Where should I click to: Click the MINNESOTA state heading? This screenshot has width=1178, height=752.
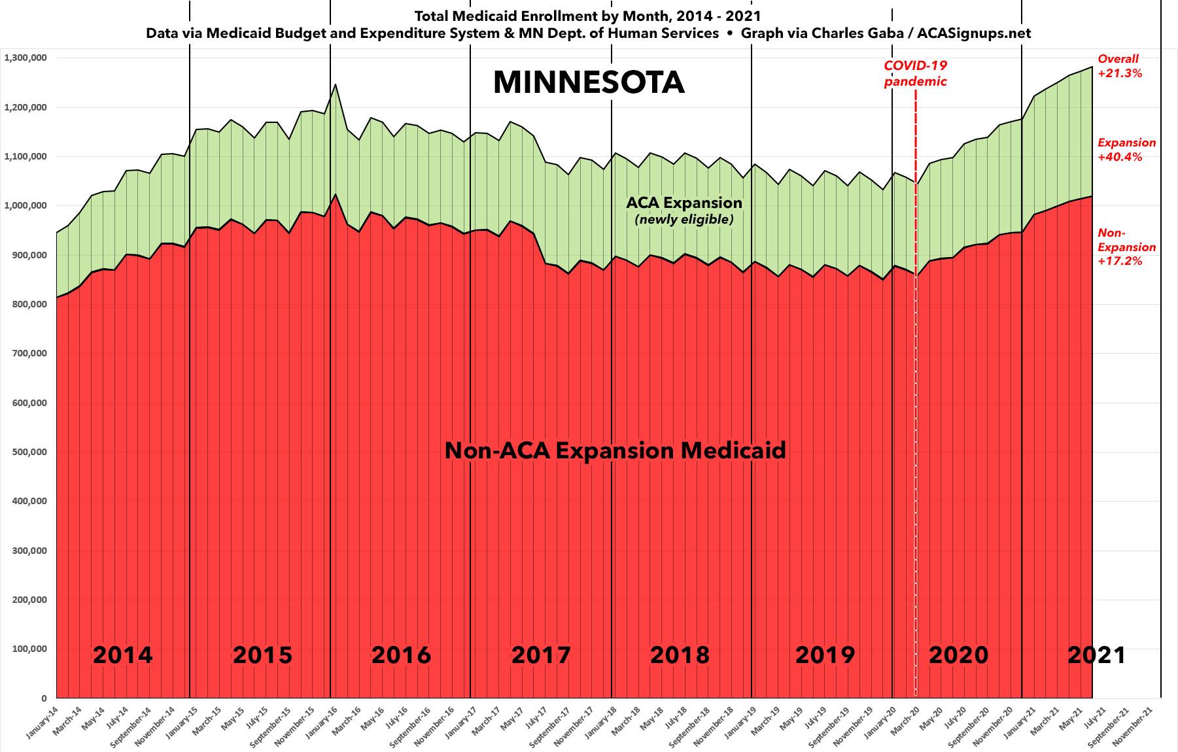pos(589,83)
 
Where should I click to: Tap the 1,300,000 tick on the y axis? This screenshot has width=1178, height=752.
pos(26,58)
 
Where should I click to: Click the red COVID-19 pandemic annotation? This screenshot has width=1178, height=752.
pos(915,74)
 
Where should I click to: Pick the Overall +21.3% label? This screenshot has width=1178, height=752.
pos(1119,66)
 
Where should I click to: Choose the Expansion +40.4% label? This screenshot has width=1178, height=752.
pos(1126,150)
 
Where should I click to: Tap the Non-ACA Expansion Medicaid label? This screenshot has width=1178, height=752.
pos(615,451)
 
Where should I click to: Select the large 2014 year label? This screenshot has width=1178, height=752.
pos(122,655)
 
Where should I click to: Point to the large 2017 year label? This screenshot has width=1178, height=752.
pos(541,655)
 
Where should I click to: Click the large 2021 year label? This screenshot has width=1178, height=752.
pos(1096,655)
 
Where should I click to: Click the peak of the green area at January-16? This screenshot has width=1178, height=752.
pos(336,84)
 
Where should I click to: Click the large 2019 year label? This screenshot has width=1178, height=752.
pos(825,655)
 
